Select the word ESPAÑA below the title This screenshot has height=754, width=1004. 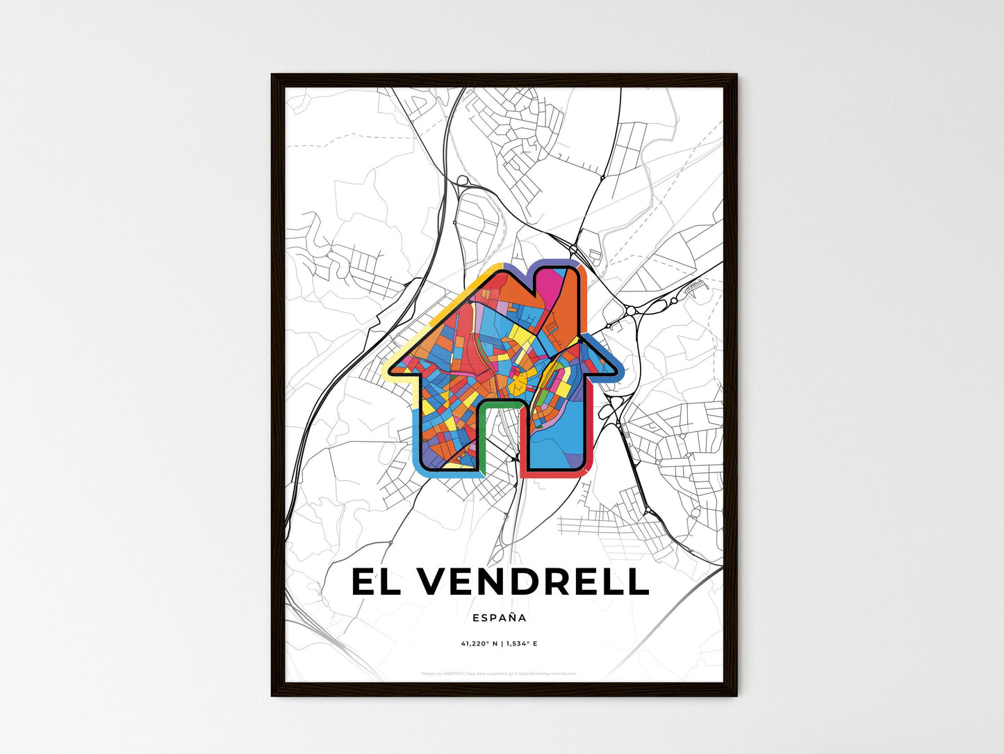tap(499, 618)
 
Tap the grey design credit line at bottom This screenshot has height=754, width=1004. tap(499, 673)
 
